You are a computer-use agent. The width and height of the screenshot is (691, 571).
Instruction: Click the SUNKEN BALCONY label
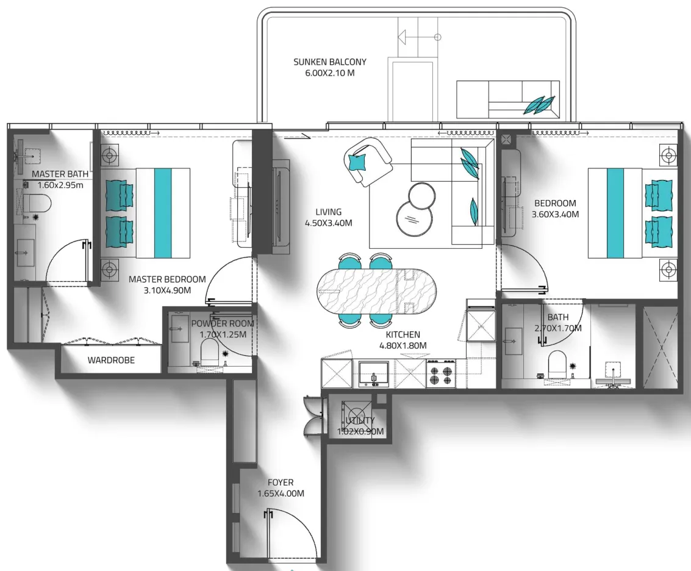pyautogui.click(x=329, y=62)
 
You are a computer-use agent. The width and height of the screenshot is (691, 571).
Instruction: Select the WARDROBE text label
pyautogui.click(x=111, y=360)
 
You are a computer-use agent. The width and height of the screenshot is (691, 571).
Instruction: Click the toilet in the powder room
pyautogui.click(x=209, y=351)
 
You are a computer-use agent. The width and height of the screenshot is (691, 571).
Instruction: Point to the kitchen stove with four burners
pyautogui.click(x=440, y=373)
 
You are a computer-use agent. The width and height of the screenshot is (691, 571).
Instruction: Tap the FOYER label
pyautogui.click(x=280, y=483)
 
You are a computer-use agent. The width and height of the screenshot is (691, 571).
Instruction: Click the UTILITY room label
pyautogui.click(x=360, y=421)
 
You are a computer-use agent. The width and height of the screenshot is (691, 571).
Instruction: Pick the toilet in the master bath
pyautogui.click(x=35, y=203)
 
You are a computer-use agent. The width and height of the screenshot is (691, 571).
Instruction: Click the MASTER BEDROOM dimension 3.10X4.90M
pyautogui.click(x=167, y=290)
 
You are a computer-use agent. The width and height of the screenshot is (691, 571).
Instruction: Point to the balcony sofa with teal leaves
pyautogui.click(x=507, y=99)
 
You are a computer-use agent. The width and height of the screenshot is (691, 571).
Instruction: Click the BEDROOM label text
pyautogui.click(x=555, y=203)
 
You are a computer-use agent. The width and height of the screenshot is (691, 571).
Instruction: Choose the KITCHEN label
pyautogui.click(x=403, y=334)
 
